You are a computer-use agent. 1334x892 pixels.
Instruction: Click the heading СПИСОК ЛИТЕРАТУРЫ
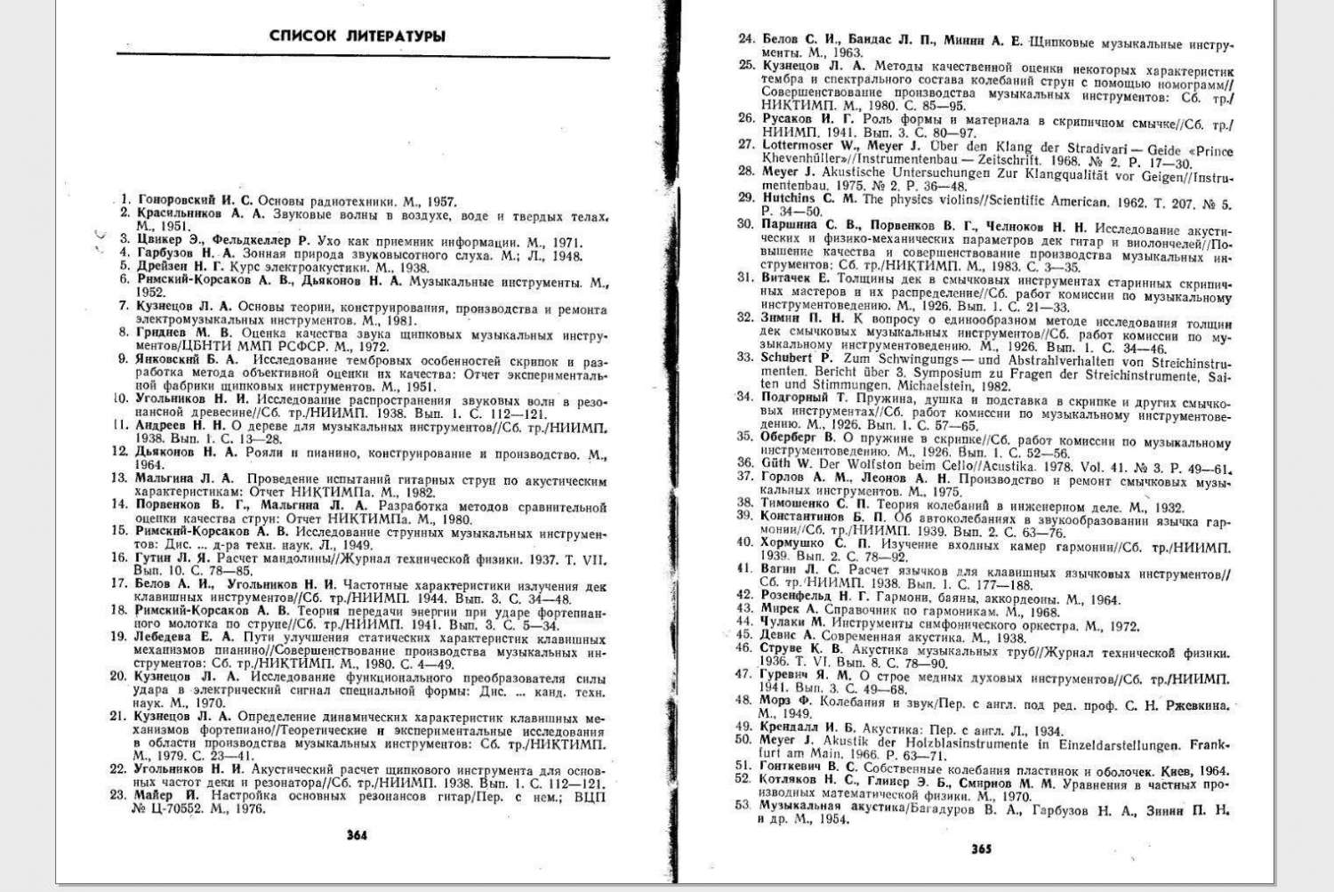point(357,36)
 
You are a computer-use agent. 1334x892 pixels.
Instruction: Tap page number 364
point(357,835)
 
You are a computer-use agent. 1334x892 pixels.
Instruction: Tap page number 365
point(982,848)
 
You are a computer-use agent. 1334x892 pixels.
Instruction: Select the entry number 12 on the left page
point(121,452)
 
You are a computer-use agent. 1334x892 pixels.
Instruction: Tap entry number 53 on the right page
point(743,805)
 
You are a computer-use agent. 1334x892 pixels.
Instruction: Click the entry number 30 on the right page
point(745,224)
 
